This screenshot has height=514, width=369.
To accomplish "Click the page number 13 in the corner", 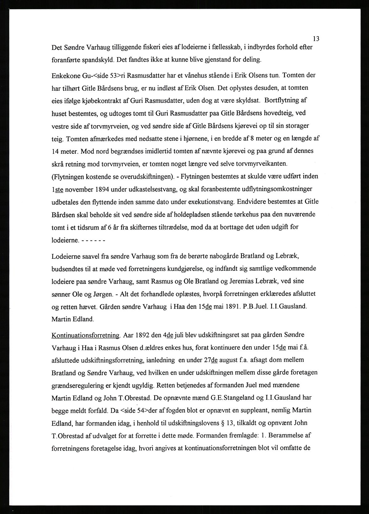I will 316,39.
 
